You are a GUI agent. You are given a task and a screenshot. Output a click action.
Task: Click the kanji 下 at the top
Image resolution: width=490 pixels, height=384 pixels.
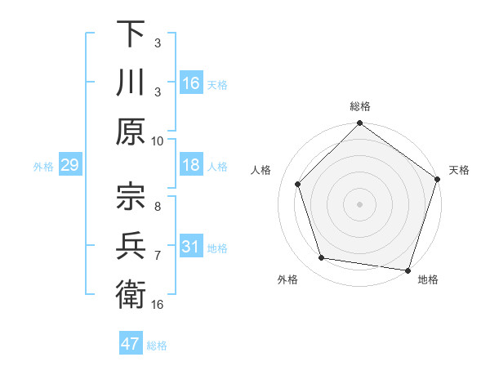point(131,35)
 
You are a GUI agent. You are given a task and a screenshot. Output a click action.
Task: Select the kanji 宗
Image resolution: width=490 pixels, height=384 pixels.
point(131,194)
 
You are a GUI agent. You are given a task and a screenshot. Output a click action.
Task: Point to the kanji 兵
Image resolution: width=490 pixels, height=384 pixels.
point(131,242)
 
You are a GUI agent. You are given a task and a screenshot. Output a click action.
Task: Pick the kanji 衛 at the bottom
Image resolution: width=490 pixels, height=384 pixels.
point(131,292)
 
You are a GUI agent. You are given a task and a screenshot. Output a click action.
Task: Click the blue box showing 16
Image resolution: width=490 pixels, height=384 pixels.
point(191,83)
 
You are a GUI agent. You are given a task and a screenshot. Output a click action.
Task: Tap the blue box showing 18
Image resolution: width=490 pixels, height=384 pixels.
point(191,166)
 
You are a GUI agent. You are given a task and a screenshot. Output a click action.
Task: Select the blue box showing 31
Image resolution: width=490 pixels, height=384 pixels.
point(191,248)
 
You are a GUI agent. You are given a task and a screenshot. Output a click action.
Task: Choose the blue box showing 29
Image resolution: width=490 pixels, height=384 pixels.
point(69,166)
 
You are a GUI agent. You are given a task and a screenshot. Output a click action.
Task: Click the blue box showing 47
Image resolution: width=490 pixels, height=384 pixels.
point(131,344)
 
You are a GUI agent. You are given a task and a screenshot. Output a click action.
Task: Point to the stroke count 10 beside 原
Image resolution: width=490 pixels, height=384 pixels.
point(158,140)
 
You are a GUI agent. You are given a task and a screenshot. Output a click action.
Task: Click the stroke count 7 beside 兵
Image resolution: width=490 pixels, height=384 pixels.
point(158,256)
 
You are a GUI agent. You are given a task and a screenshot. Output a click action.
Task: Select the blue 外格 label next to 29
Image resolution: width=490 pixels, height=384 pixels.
point(43,167)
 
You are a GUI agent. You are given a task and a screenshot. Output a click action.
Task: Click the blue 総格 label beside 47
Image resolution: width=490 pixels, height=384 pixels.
point(157,345)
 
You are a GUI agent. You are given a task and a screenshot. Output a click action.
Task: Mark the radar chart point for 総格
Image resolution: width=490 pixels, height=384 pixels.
point(359,125)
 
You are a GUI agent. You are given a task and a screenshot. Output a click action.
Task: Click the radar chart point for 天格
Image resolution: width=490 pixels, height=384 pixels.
point(437,181)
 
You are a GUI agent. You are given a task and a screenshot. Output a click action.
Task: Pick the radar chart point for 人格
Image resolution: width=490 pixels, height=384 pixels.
point(298,184)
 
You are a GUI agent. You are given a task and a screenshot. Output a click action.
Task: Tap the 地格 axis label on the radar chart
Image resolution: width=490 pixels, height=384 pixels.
point(428,280)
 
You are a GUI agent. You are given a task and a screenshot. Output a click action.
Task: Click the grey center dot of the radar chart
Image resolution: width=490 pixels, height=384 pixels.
point(359,203)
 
